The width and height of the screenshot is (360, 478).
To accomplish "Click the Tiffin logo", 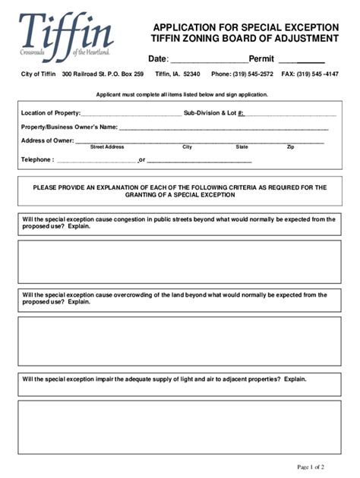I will pos(66,36).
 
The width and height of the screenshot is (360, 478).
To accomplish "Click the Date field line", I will pos(207,61).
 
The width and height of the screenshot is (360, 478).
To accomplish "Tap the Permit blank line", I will pos(302,61).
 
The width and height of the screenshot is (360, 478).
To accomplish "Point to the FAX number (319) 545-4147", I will pos(320,74).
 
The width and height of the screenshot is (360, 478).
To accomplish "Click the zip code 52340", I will pos(187,74).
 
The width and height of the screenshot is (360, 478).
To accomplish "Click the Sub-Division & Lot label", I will pos(213,112).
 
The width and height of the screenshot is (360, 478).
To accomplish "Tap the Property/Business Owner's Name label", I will pos(69,127).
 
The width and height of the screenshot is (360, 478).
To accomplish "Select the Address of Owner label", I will pos(47,140).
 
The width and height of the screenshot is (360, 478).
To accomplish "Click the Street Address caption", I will pos(107,147).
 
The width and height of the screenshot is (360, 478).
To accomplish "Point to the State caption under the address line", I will pos(242,147).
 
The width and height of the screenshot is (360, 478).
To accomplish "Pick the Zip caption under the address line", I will pos(290,147).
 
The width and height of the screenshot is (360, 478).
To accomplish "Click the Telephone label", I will pos(37,160).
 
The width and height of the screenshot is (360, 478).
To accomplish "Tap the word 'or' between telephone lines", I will pos(141,160).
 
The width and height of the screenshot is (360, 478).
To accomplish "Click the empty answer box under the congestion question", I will pos(179,261).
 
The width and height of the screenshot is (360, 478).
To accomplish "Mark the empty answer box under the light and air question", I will pos(179,426).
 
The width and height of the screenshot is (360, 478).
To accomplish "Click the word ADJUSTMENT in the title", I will pos(303,38).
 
